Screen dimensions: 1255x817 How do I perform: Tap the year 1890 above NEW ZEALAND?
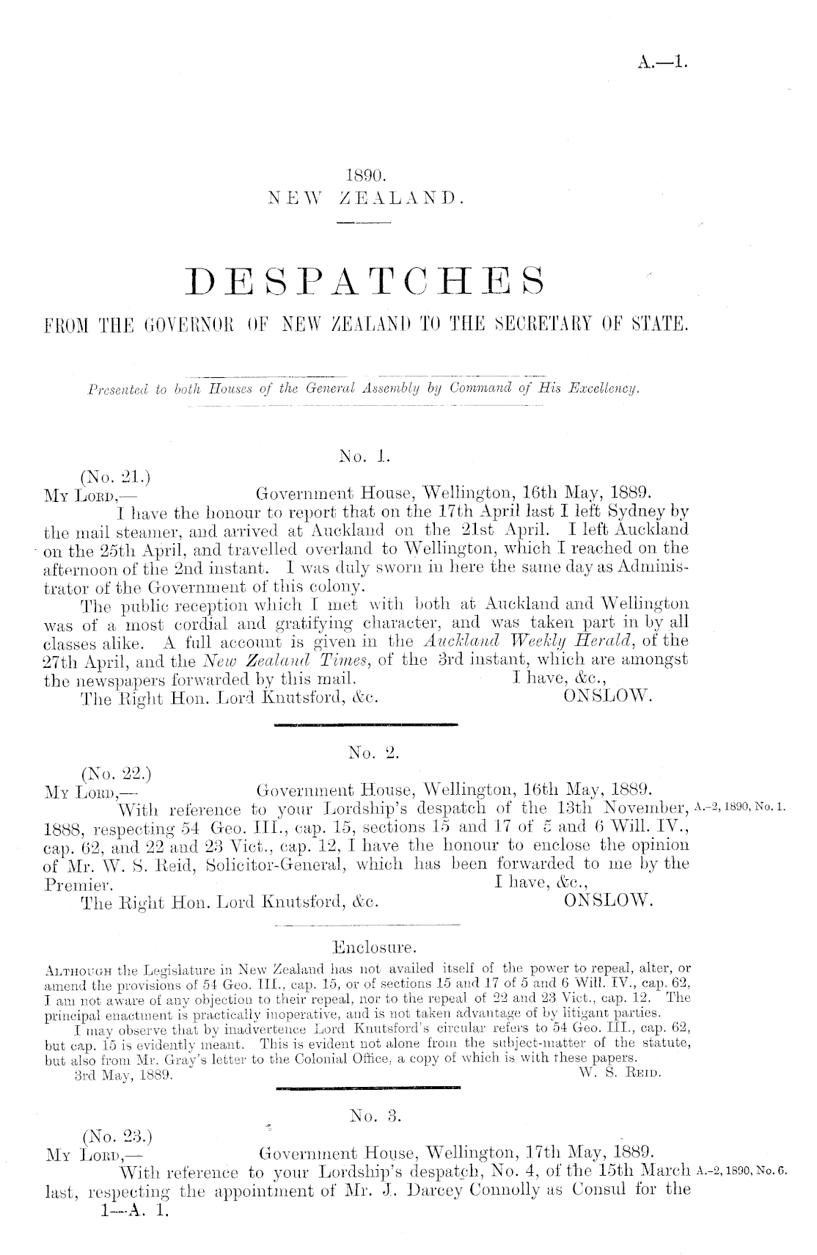click(x=365, y=176)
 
